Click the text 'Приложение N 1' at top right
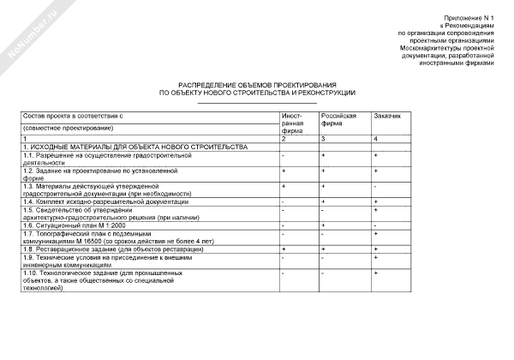pyautogui.click(x=469, y=18)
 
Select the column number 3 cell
pyautogui.click(x=323, y=139)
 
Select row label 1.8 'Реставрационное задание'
pyautogui.click(x=102, y=249)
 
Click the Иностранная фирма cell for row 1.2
pyautogui.click(x=283, y=171)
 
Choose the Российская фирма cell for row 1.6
pyautogui.click(x=323, y=225)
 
